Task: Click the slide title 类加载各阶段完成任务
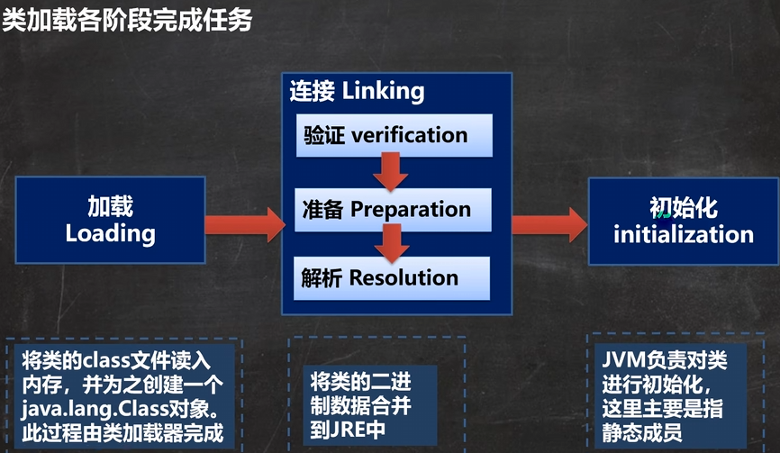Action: point(126,20)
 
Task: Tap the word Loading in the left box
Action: point(110,234)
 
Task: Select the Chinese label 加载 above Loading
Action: point(110,207)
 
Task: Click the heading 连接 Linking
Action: point(357,91)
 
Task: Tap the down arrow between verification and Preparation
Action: point(390,171)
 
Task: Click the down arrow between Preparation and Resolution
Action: point(390,241)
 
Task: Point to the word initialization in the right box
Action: point(683,235)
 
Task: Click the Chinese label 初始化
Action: point(683,207)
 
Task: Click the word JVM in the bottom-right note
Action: point(623,362)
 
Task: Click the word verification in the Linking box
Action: point(409,136)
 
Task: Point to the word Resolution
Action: point(404,277)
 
